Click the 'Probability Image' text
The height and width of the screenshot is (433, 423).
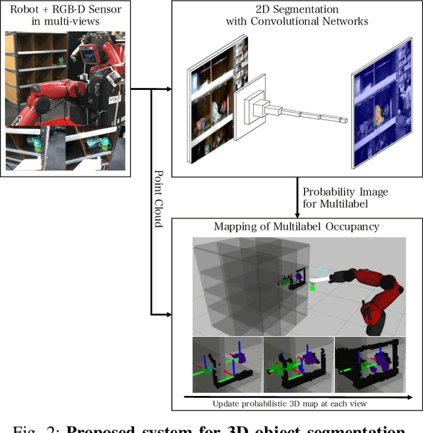click(345, 192)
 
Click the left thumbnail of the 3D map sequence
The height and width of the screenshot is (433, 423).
click(227, 366)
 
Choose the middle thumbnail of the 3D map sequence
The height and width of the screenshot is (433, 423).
click(297, 366)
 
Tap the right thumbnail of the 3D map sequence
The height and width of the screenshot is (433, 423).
click(367, 366)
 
